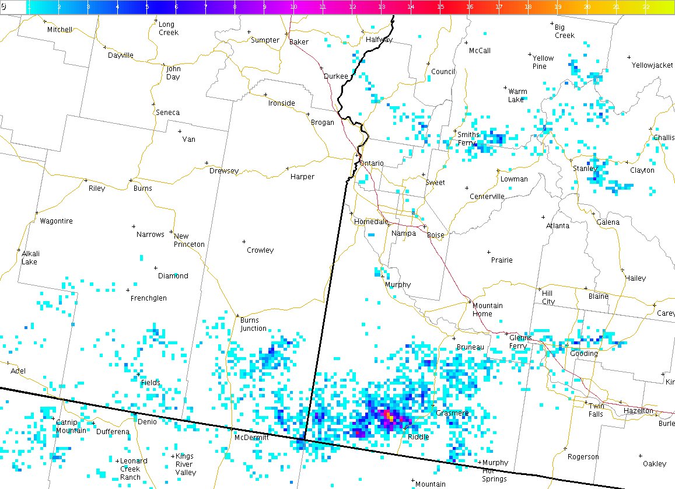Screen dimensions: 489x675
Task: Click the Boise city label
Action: (x=435, y=235)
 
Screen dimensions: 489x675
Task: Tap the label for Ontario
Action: (x=372, y=163)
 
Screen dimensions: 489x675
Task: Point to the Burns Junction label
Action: (x=253, y=324)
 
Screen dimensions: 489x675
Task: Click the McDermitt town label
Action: (x=251, y=438)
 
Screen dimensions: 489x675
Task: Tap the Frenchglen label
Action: (x=148, y=298)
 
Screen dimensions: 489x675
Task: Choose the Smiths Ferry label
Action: (x=468, y=139)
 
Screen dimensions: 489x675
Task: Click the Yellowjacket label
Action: (x=652, y=65)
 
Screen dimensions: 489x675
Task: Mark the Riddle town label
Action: (x=418, y=437)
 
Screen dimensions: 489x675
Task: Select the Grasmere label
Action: (x=452, y=413)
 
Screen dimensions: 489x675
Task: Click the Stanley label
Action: (x=585, y=169)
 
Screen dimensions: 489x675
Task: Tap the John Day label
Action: (x=173, y=73)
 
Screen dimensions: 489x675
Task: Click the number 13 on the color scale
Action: (x=381, y=7)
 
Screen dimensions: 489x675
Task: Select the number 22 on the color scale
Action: (x=646, y=7)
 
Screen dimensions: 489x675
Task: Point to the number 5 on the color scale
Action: (x=146, y=7)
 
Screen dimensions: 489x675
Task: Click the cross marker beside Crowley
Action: (x=244, y=242)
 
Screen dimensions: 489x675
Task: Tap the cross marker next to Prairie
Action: (x=488, y=252)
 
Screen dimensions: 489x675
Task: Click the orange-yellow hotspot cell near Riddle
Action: (x=389, y=416)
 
